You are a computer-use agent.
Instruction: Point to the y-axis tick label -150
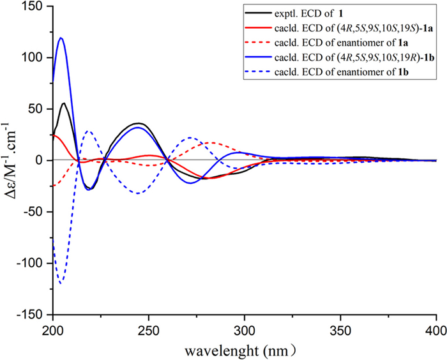[32, 315]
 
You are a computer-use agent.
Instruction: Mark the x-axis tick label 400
[435, 329]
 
